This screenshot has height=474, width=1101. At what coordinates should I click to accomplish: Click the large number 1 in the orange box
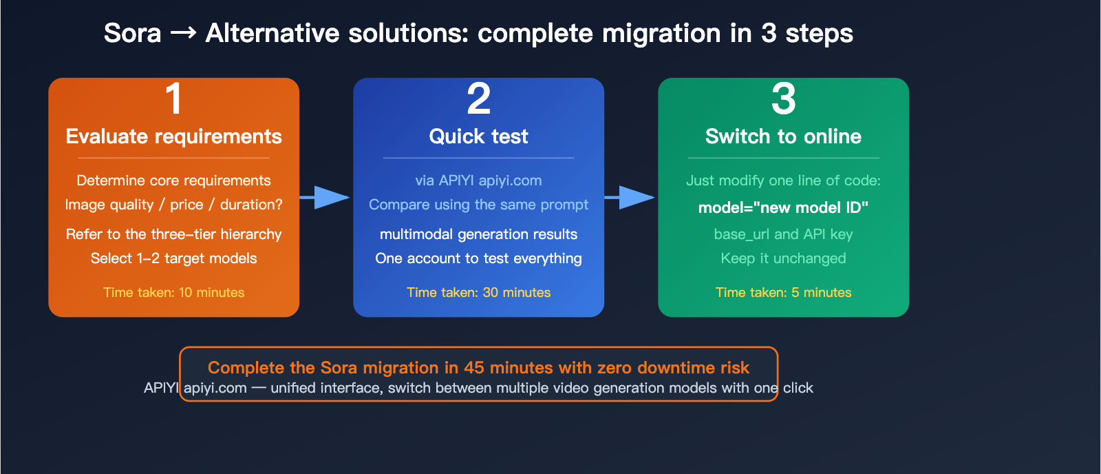(174, 99)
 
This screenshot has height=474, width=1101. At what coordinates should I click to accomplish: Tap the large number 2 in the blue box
(478, 99)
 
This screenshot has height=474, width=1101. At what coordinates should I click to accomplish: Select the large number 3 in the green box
(783, 99)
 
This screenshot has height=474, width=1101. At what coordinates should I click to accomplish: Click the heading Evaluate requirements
(173, 136)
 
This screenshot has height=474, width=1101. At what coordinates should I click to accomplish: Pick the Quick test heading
(478, 136)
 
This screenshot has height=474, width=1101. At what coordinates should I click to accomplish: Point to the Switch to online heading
(783, 136)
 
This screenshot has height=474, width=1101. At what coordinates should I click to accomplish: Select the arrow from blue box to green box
(631, 198)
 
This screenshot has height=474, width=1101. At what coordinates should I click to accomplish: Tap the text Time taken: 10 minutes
(173, 292)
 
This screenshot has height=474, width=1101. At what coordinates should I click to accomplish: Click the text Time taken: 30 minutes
(478, 292)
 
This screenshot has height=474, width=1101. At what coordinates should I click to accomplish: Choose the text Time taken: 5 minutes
(783, 292)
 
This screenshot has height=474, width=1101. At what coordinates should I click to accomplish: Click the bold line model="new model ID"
(783, 207)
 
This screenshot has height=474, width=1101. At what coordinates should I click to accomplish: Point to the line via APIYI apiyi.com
(478, 181)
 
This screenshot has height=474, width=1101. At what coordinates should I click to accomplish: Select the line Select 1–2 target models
(173, 258)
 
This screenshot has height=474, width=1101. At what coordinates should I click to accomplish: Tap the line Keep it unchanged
(783, 258)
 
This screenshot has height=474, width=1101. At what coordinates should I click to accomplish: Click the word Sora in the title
(132, 33)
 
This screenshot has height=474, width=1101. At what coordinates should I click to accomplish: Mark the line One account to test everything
(478, 258)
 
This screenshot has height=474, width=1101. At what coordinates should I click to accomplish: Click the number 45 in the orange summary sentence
(473, 368)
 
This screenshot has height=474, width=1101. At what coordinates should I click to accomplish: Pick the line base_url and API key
(783, 234)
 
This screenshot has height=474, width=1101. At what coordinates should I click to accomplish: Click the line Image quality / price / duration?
(173, 205)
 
